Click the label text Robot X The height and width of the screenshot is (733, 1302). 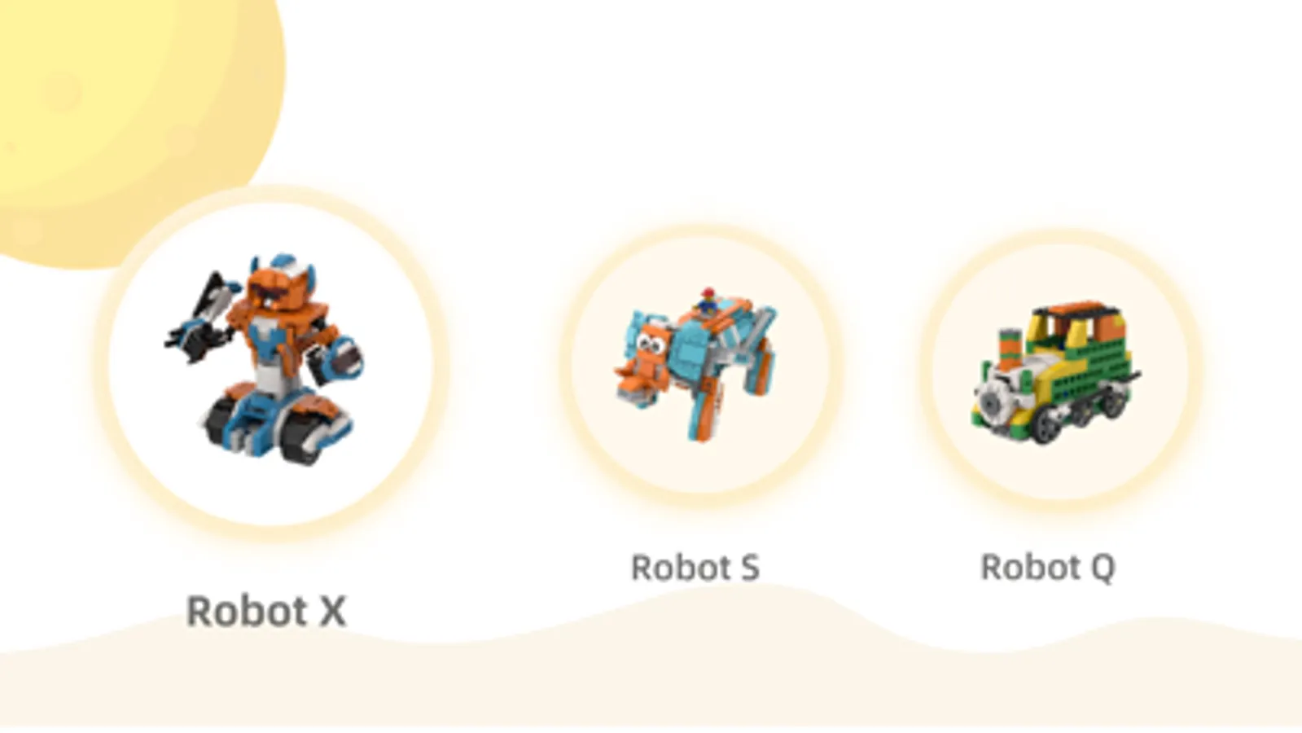point(266,611)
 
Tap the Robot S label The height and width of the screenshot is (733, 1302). point(695,568)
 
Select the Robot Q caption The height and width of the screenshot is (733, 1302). point(1047,568)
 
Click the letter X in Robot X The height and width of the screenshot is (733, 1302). point(332,611)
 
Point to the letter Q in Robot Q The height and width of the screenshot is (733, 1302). point(1102,568)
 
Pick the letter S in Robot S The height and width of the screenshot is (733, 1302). point(749,568)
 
